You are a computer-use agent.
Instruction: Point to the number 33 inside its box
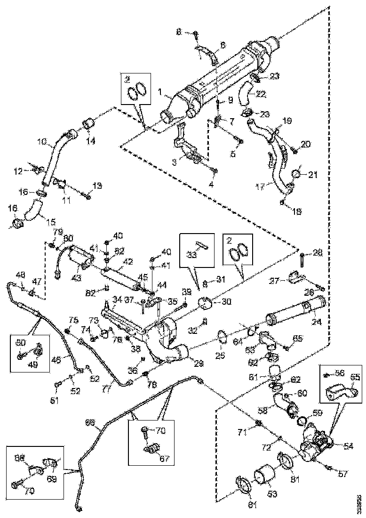(192, 255)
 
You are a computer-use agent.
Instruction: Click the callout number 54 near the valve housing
(348, 445)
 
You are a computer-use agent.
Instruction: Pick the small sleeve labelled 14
(89, 124)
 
